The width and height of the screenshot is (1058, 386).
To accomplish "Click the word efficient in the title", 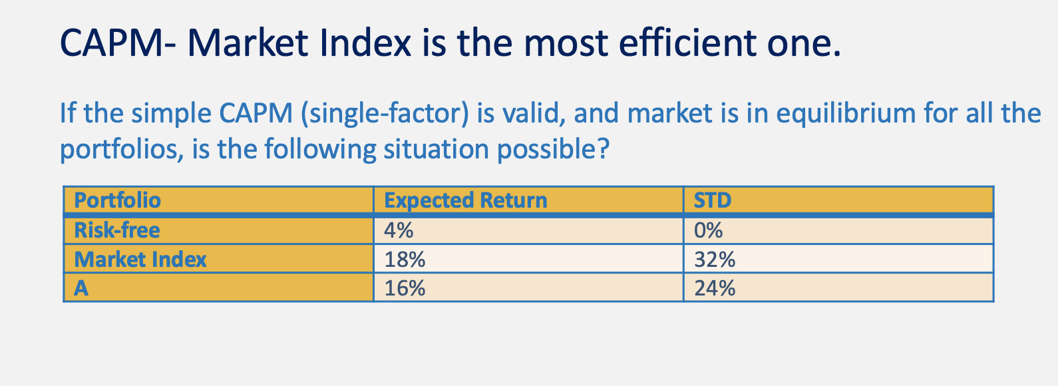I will [688, 43].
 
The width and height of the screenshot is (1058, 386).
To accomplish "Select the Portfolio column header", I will [117, 200].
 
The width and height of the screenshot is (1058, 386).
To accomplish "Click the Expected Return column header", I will [465, 200].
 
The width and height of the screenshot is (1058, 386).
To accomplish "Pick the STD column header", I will [712, 200].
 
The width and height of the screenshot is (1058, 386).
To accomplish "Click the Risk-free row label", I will [117, 230].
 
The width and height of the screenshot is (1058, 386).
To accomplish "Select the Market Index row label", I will [140, 259].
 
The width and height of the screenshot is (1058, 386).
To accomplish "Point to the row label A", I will [81, 288].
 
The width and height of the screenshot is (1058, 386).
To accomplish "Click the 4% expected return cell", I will [399, 230].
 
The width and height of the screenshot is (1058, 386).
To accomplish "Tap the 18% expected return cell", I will [405, 259].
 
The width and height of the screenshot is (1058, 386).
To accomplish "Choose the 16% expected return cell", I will [405, 288].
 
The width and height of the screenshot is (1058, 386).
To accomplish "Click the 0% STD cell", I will [708, 230].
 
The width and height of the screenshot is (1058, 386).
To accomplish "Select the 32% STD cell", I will [715, 259].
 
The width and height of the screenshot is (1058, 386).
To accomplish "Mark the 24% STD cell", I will [715, 288].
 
